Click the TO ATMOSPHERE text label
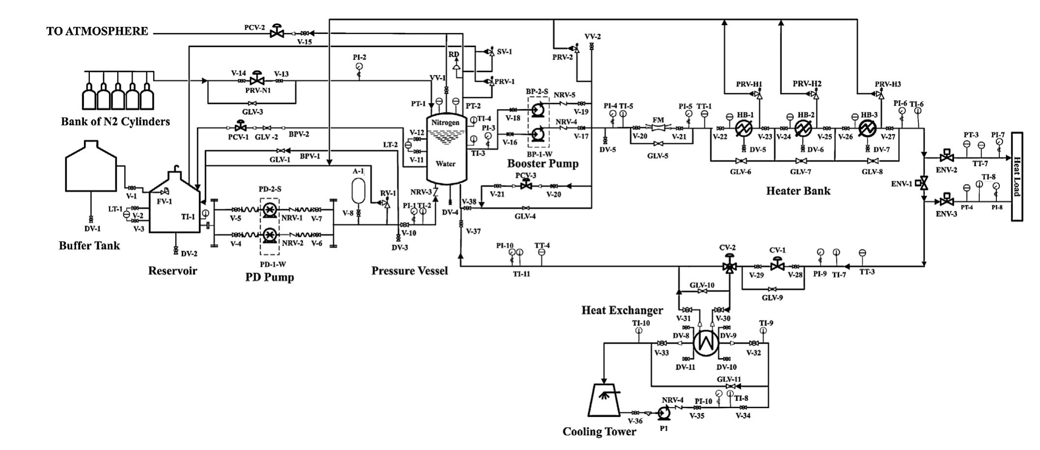(97, 31)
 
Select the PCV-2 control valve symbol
(277, 32)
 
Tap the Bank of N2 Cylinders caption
(115, 121)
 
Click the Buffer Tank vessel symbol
(91, 167)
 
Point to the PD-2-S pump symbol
(269, 210)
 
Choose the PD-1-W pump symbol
(269, 235)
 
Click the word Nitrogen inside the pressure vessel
(445, 122)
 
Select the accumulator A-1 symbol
(359, 189)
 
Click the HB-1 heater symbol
(744, 129)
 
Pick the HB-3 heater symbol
(867, 129)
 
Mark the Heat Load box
(1016, 177)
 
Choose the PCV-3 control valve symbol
(526, 186)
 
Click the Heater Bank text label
(798, 191)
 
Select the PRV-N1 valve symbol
(256, 80)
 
